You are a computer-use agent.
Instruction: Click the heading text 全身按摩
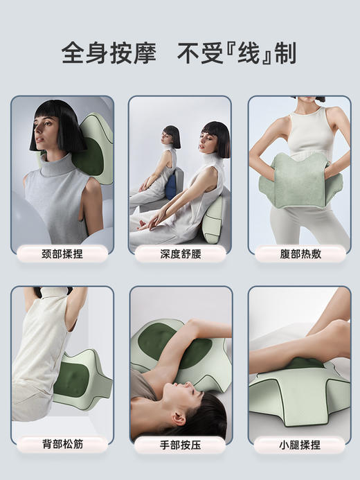109,53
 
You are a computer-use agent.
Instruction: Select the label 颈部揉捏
62,254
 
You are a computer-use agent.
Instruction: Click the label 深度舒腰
180,254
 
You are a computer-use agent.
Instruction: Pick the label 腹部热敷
300,254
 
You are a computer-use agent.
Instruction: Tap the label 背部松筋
62,443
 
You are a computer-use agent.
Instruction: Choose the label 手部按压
180,443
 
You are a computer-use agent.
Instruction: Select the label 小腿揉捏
300,443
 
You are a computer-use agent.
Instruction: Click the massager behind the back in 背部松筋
80,377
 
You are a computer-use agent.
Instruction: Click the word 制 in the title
285,53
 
